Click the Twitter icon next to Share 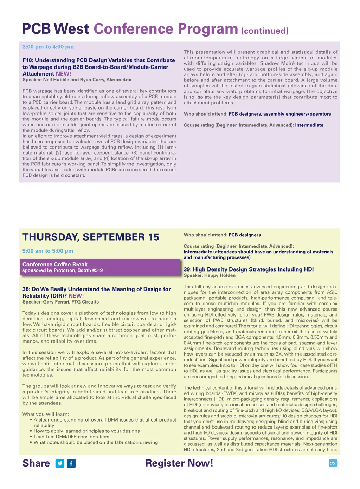(60, 463)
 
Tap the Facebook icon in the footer (71, 463)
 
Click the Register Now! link (179, 463)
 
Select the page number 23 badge (333, 463)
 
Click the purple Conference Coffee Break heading (55, 264)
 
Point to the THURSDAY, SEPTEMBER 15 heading (91, 237)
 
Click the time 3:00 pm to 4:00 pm (48, 47)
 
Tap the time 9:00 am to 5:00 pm (48, 251)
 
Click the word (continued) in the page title (265, 31)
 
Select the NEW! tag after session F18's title (63, 74)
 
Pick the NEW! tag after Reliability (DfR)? (76, 296)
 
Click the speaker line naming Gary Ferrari (60, 302)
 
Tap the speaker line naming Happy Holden (210, 275)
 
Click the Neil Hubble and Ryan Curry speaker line (77, 80)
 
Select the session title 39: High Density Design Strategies (249, 269)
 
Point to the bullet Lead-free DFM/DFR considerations (72, 437)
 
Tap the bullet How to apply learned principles (86, 431)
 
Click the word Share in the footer (36, 463)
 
